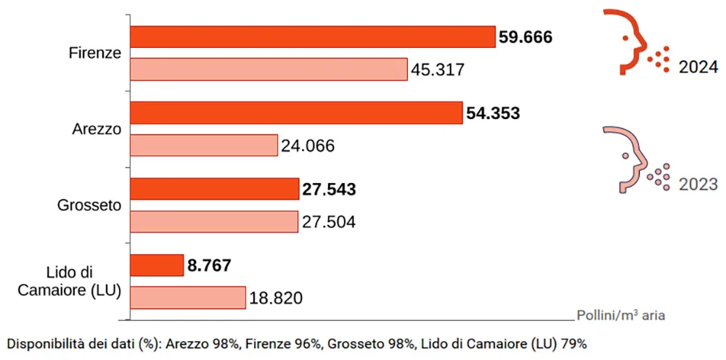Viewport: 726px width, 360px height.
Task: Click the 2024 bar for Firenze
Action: click(x=312, y=37)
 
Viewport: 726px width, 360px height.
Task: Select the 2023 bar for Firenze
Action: click(x=269, y=70)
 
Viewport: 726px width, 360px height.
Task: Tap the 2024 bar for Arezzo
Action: click(x=296, y=113)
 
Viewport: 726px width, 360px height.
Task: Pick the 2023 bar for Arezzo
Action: click(x=204, y=145)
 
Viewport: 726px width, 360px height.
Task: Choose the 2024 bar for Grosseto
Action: click(x=214, y=189)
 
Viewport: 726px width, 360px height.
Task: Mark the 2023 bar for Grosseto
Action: click(x=214, y=221)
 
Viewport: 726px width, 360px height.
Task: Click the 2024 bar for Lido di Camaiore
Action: click(x=157, y=265)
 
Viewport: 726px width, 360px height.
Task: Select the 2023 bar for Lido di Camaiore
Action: click(x=188, y=298)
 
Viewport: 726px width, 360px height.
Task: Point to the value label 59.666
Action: click(x=526, y=37)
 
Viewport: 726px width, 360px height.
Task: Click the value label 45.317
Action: click(x=437, y=70)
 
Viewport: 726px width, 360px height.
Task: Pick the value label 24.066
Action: click(x=308, y=146)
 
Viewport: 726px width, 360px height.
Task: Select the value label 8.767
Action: click(x=209, y=266)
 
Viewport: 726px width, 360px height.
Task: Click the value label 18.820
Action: click(x=276, y=298)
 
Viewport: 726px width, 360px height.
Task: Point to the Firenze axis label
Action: click(x=94, y=54)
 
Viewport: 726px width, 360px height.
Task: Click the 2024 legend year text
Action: click(x=698, y=67)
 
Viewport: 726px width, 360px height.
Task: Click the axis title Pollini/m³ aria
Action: click(x=621, y=316)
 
